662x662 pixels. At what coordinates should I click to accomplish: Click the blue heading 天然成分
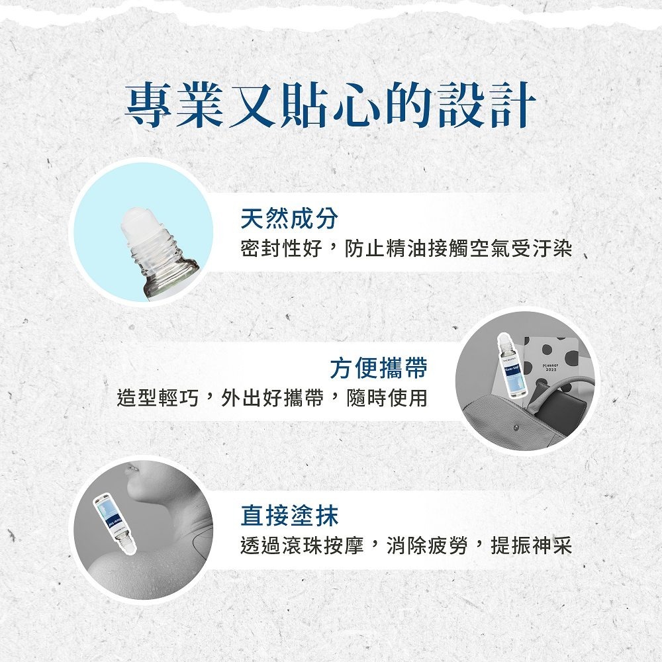tap(289, 218)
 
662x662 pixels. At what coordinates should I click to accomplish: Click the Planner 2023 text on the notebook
tap(551, 368)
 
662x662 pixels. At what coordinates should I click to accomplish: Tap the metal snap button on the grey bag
tap(516, 427)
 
